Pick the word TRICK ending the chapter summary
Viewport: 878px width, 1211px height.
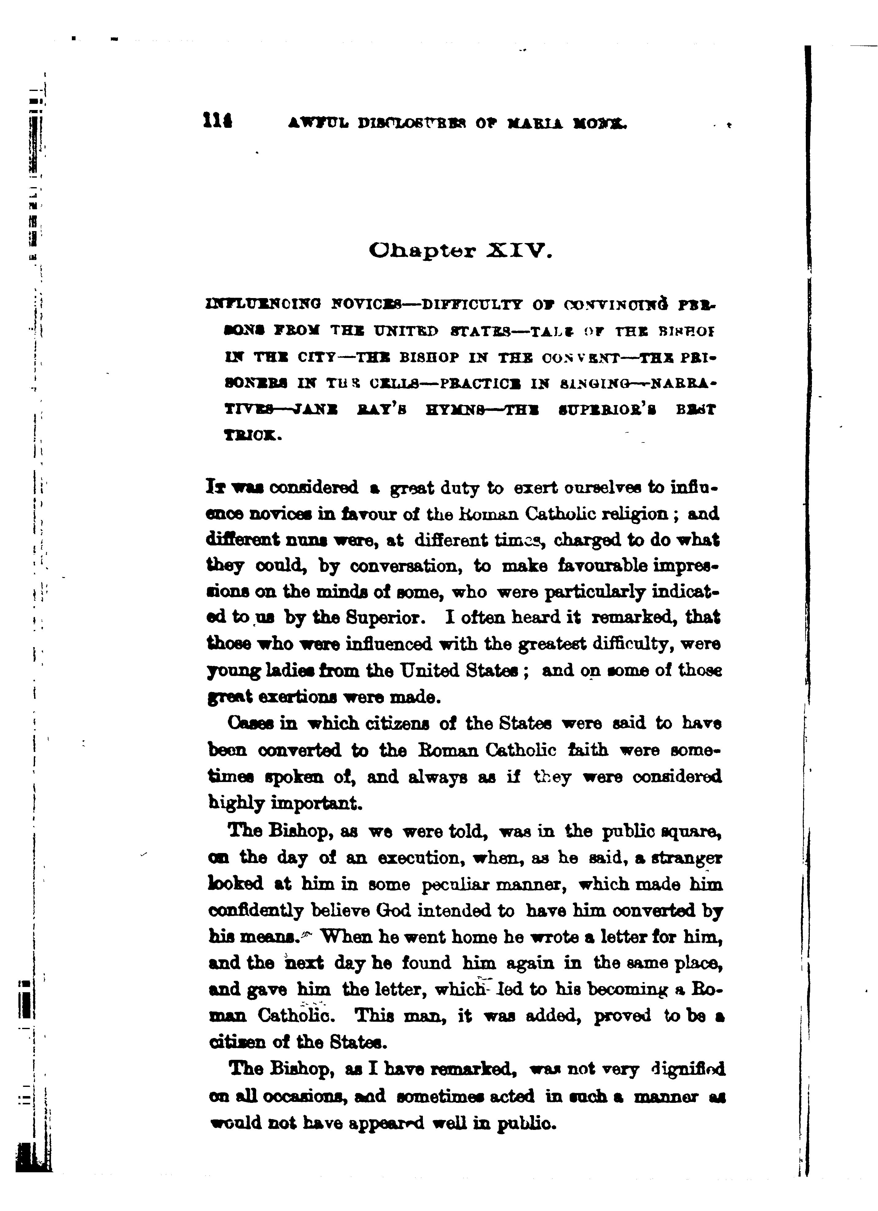(250, 434)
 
